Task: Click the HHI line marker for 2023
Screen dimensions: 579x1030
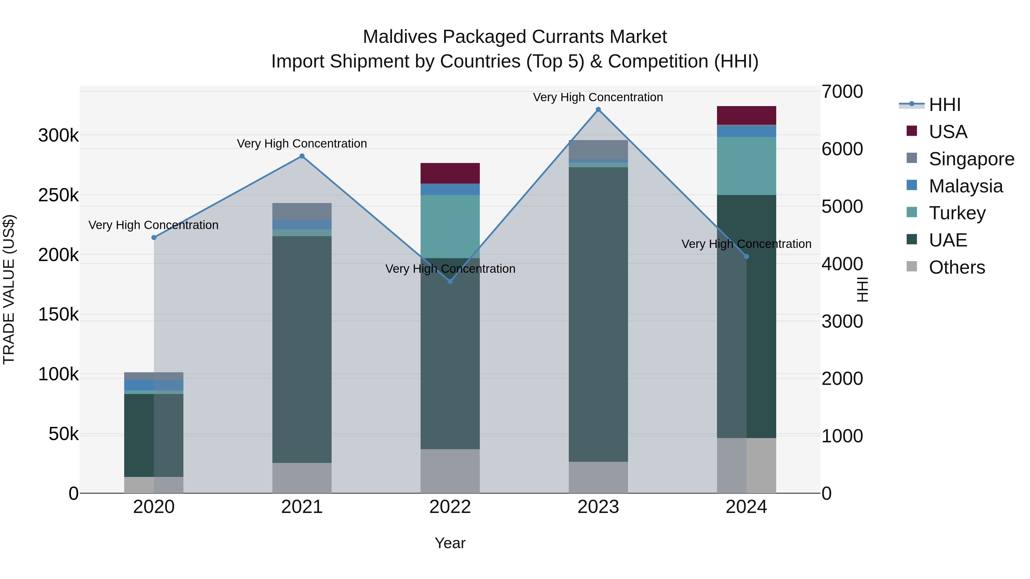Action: click(598, 110)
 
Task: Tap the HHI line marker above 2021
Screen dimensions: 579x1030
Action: click(302, 156)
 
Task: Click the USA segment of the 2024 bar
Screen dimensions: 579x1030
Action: click(746, 116)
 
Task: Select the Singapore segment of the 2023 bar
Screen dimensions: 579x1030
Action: click(598, 150)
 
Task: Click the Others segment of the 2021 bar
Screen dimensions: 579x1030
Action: click(302, 478)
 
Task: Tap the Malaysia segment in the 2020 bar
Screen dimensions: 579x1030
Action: click(154, 385)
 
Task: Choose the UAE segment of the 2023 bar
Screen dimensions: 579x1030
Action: click(598, 314)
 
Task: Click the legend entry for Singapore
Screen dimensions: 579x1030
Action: click(971, 159)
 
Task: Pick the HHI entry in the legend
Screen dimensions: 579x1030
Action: click(944, 105)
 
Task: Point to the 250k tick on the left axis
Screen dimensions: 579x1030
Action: click(58, 195)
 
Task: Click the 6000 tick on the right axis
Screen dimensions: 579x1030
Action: click(842, 149)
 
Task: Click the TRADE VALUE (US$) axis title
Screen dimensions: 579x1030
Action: click(9, 289)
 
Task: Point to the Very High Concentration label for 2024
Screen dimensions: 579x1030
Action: click(746, 244)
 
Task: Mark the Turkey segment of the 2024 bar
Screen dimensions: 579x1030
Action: click(746, 166)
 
